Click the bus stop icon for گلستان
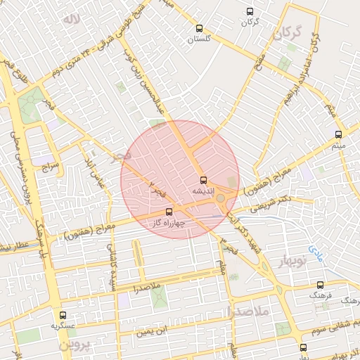click(200, 29)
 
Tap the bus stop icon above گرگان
click(250, 11)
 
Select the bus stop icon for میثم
click(338, 134)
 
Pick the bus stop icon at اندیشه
click(204, 180)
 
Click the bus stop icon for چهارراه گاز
click(169, 211)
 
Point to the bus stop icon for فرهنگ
click(321, 285)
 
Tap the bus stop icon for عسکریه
click(63, 316)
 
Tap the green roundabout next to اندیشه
click(221, 198)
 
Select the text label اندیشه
click(204, 191)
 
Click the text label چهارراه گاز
click(169, 222)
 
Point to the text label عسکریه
click(63, 326)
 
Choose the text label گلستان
click(200, 39)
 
